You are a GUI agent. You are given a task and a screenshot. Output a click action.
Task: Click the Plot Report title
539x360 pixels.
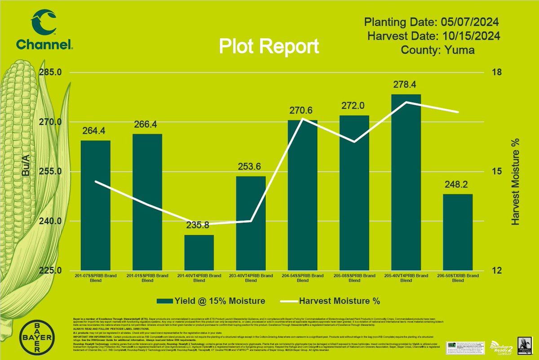[269, 47]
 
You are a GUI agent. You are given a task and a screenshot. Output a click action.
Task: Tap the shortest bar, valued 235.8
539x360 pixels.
[199, 253]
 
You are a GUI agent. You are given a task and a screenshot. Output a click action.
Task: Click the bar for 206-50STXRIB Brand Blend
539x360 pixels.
[458, 232]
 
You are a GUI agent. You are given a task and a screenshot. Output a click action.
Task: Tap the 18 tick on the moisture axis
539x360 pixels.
[495, 73]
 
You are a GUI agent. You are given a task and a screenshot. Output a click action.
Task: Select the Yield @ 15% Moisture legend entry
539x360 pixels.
[211, 300]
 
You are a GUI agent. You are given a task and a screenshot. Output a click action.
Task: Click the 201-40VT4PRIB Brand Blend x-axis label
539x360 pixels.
[199, 278]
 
